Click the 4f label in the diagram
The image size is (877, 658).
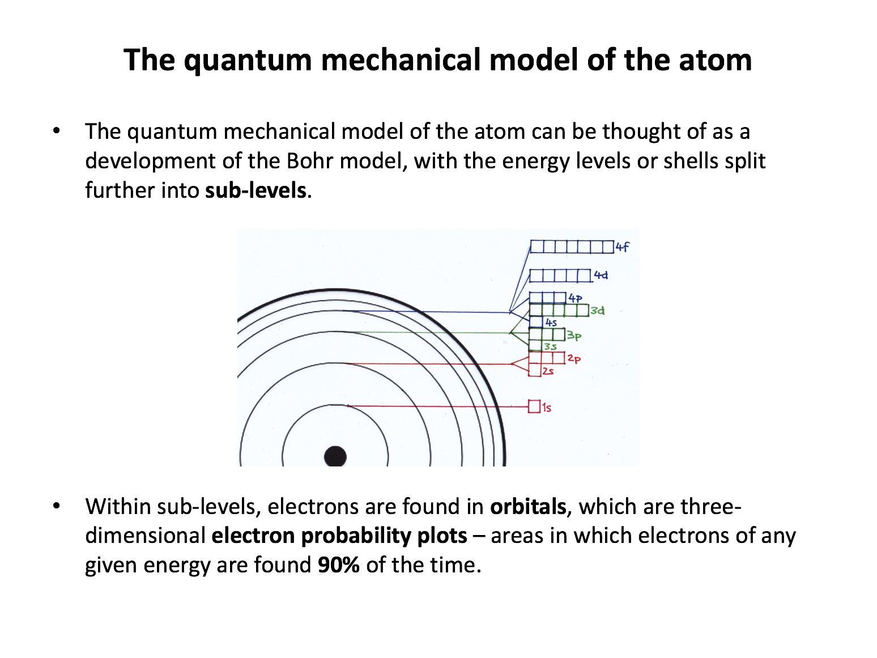tap(622, 247)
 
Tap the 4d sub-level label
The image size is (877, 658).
tap(601, 275)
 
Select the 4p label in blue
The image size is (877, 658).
tap(576, 298)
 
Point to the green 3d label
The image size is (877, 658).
tap(598, 311)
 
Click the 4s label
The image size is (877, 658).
tap(551, 322)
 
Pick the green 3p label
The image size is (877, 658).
tap(574, 336)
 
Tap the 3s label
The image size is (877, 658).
tap(551, 347)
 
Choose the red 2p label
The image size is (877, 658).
tap(574, 359)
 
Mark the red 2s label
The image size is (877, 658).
tap(548, 371)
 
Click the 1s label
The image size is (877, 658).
tap(547, 407)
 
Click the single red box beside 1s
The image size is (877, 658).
tap(534, 406)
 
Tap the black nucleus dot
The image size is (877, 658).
tap(335, 456)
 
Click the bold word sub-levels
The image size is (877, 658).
tap(256, 190)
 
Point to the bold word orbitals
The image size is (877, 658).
tap(528, 507)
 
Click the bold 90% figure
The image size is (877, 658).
tap(338, 565)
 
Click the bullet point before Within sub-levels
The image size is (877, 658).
tap(56, 506)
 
